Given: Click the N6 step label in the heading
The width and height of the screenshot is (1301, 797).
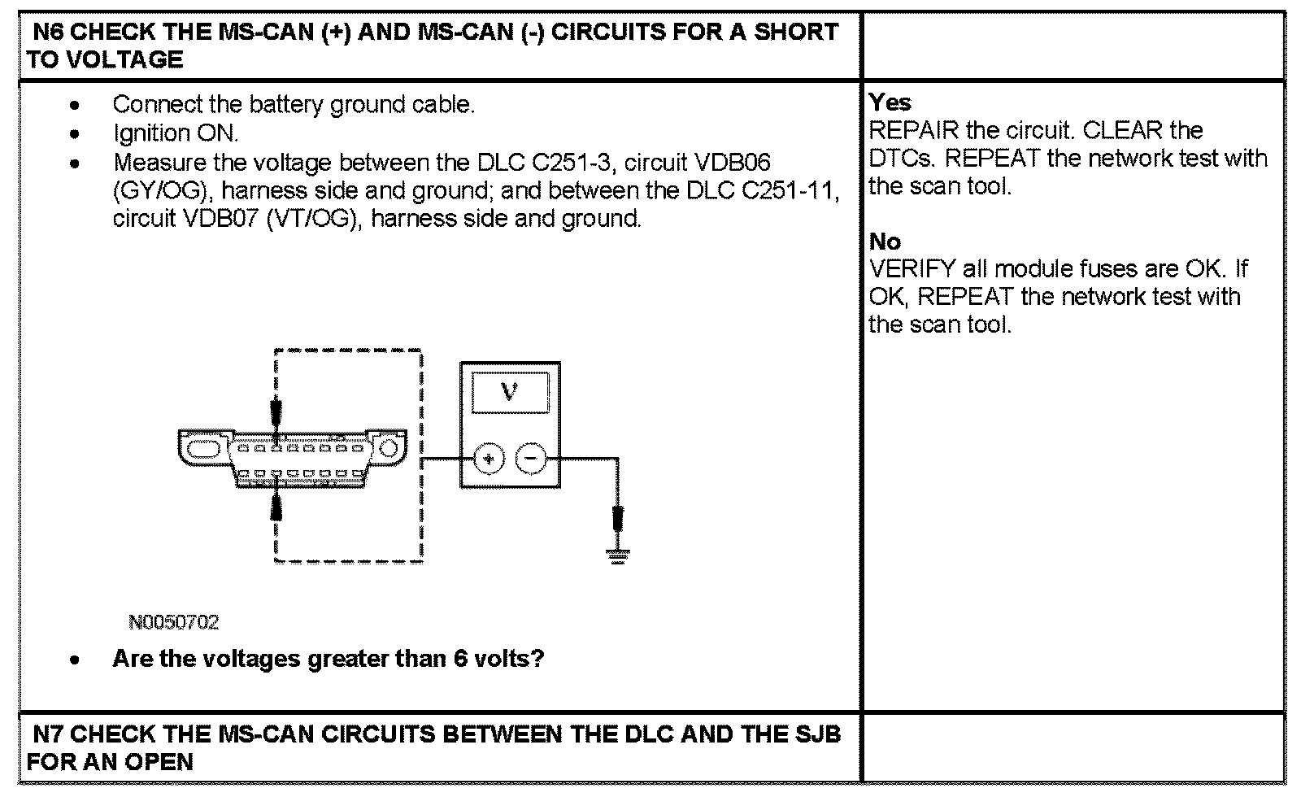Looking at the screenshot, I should point(49,33).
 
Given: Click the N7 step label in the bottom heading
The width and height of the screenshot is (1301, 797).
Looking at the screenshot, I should point(49,734).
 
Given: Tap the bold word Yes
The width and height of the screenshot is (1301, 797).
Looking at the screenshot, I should point(890,102).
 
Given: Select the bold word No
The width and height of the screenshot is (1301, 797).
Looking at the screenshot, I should point(885,242).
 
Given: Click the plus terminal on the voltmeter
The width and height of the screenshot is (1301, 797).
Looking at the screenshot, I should point(488,459).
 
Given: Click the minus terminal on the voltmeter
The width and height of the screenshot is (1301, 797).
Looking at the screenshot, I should point(531,459).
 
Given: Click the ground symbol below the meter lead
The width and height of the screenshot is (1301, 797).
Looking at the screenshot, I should point(617,557).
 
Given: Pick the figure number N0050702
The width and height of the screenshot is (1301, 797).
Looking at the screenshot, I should point(174,623).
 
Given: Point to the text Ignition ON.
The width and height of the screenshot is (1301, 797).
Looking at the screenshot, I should point(175,133).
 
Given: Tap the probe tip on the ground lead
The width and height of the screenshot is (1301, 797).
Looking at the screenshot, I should point(617,517).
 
